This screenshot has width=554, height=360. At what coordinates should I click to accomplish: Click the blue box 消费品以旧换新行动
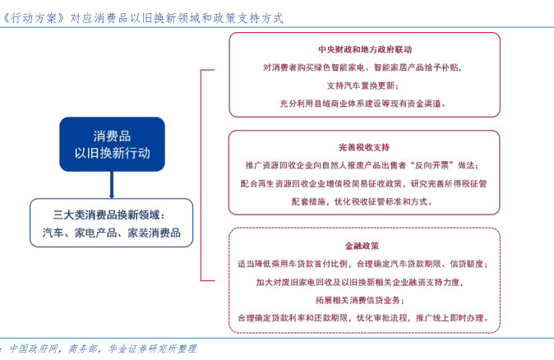pyautogui.click(x=112, y=144)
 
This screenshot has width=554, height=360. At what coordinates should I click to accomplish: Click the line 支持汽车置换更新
pyautogui.click(x=362, y=85)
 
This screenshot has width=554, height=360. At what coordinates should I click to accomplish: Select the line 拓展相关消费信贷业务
pyautogui.click(x=362, y=300)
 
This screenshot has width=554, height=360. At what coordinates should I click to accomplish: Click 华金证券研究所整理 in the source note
pyautogui.click(x=154, y=348)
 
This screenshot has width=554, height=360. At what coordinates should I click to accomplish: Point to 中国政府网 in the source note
pyautogui.click(x=34, y=348)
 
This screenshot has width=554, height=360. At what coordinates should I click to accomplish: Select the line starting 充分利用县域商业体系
pyautogui.click(x=362, y=104)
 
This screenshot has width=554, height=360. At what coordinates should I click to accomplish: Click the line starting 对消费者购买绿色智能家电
pyautogui.click(x=362, y=67)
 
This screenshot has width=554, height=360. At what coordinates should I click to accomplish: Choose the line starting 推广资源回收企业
pyautogui.click(x=362, y=165)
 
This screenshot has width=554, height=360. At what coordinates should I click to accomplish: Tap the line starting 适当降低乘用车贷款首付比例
pyautogui.click(x=362, y=264)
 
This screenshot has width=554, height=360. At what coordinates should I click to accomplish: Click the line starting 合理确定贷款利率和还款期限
pyautogui.click(x=362, y=318)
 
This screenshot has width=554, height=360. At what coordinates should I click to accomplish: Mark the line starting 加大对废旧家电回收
pyautogui.click(x=362, y=282)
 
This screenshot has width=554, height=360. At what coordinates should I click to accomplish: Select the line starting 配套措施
pyautogui.click(x=362, y=201)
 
